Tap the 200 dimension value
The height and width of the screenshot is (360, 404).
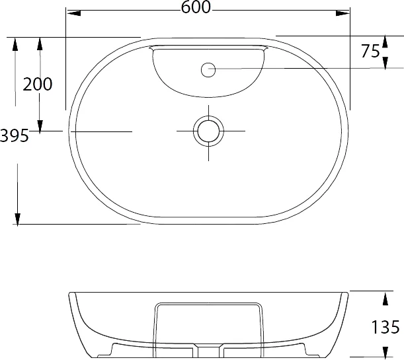point(38,84)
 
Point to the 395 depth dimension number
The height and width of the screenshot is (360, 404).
point(15,135)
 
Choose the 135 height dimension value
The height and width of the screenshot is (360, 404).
point(386,326)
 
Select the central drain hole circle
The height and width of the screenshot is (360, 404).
point(208,131)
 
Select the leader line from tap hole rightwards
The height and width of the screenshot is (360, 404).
point(311,68)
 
